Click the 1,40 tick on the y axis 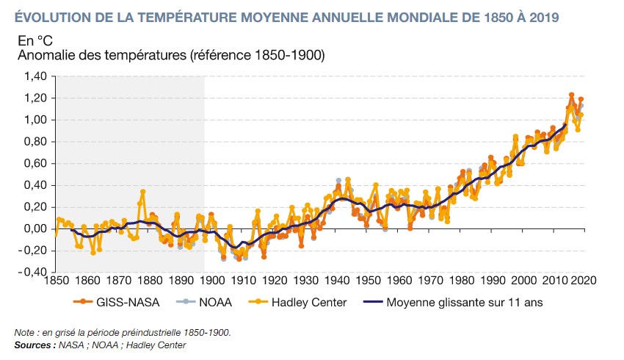(35, 76)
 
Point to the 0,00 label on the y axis (35, 228)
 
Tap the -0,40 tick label (32, 272)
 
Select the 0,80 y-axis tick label (35, 142)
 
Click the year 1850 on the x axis (55, 281)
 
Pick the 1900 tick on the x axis (211, 281)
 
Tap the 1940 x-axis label (336, 281)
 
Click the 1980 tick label (461, 281)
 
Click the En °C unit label (34, 40)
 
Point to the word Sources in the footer (35, 344)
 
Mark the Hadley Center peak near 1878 (142, 192)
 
